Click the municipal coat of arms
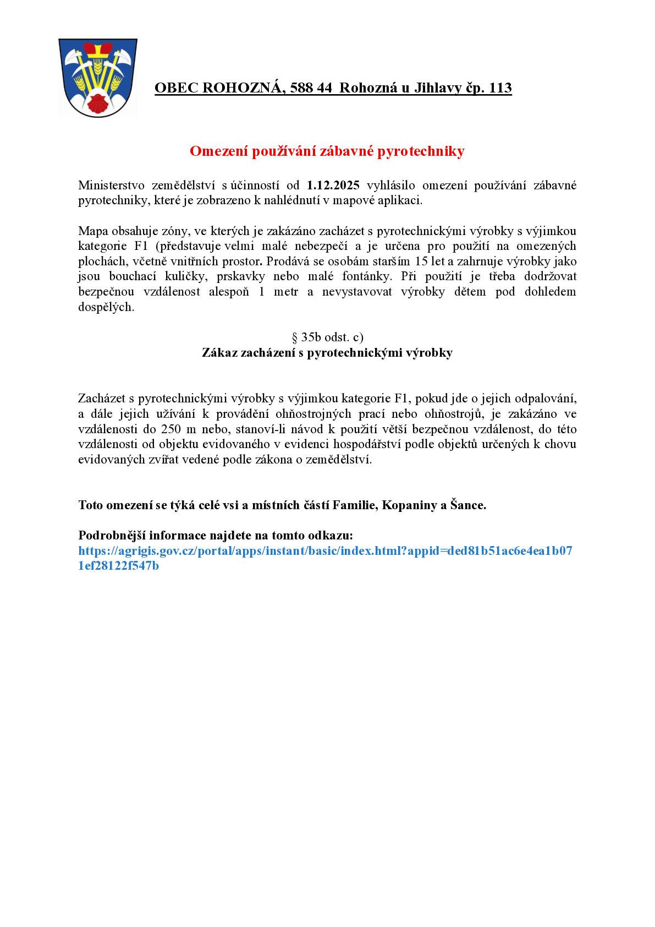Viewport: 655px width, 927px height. pyautogui.click(x=97, y=77)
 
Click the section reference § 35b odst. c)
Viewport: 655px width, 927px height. pyautogui.click(x=327, y=337)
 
